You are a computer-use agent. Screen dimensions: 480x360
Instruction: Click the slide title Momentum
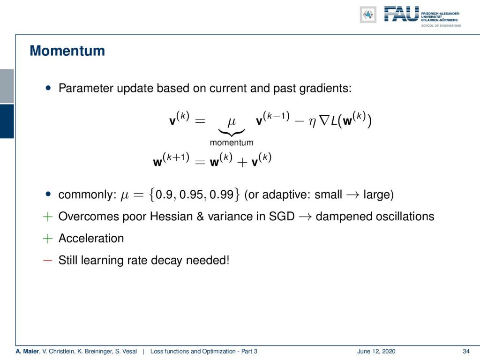tap(67, 51)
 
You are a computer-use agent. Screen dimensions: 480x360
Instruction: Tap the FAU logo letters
tap(402, 14)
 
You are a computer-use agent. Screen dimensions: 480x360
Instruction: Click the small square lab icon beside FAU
tap(368, 15)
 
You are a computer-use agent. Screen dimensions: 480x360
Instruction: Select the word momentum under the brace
tap(232, 142)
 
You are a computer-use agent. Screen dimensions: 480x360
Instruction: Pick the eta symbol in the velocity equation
tap(312, 122)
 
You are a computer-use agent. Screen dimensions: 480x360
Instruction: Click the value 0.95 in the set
tap(192, 195)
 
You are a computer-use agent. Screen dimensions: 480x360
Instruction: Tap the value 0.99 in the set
tap(222, 195)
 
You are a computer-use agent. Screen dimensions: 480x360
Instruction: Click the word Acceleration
tap(91, 238)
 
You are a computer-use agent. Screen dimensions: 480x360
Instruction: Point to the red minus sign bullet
tap(48, 261)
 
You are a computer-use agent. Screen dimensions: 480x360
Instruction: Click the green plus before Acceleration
tap(48, 239)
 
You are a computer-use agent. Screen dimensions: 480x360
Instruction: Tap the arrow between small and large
tap(352, 195)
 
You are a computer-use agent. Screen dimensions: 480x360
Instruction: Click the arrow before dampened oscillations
tap(305, 217)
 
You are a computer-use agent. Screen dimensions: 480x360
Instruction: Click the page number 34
tap(466, 351)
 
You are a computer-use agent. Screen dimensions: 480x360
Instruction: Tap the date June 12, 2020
tap(376, 351)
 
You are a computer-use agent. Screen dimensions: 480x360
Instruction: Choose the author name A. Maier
tap(28, 351)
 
